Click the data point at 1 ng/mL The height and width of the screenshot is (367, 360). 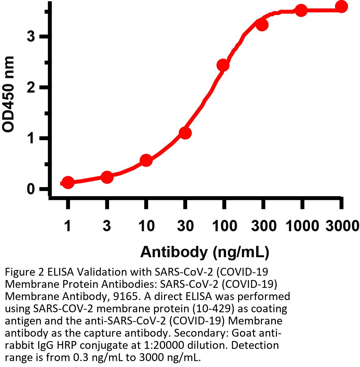click(x=68, y=182)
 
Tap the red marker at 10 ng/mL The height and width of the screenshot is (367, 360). click(x=146, y=161)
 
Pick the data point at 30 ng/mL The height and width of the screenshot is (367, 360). click(x=185, y=133)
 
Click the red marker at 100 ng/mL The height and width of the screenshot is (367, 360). click(x=223, y=65)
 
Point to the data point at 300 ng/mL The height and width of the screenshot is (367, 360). click(x=262, y=25)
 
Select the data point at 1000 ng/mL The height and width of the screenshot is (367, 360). click(x=301, y=11)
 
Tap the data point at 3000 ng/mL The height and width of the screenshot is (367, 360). click(x=341, y=7)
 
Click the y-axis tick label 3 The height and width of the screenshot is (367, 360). click(x=31, y=37)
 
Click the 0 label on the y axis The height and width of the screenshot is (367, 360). click(x=31, y=189)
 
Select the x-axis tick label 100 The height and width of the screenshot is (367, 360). click(x=224, y=226)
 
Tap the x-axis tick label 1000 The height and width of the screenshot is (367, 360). click(x=302, y=226)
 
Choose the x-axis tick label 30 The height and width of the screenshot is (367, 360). click(x=185, y=226)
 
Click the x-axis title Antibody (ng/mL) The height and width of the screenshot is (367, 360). click(x=205, y=252)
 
